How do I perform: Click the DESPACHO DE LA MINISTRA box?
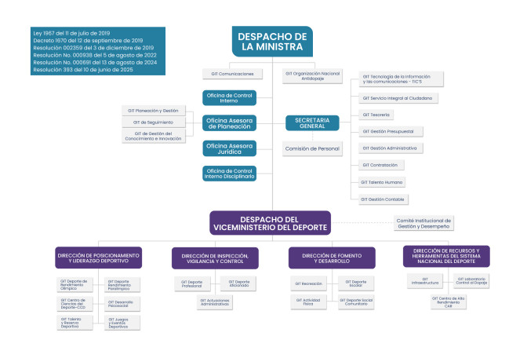[273, 42]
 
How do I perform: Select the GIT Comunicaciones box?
[231, 74]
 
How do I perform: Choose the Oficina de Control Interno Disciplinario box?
[230, 174]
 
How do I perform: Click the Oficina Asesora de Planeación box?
[230, 123]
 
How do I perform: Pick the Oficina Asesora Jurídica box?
[230, 148]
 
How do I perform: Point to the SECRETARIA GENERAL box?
[312, 122]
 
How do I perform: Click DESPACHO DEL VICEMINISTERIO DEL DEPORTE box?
[267, 222]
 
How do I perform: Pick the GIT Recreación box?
[308, 283]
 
